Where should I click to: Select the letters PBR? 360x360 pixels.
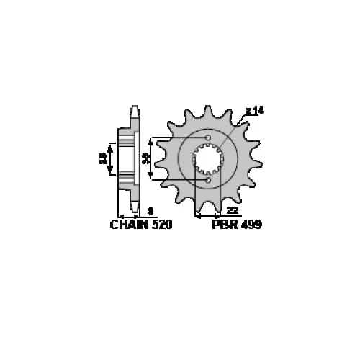(x=223, y=225)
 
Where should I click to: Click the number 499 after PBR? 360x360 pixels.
(x=251, y=225)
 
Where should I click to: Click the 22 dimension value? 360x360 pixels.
(x=232, y=210)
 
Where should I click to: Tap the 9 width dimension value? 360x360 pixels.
(x=148, y=210)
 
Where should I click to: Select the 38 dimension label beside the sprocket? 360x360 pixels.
(x=145, y=158)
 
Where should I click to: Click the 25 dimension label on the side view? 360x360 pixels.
(x=103, y=158)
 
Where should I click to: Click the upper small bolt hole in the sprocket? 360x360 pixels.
(x=208, y=138)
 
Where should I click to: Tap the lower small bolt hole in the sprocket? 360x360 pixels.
(x=208, y=181)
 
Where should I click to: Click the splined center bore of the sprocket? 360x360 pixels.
(x=209, y=159)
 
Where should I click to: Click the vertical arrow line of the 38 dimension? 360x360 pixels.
(x=152, y=159)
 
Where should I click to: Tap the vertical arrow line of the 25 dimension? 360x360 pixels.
(x=110, y=159)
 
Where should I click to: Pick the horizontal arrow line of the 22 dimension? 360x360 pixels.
(x=209, y=215)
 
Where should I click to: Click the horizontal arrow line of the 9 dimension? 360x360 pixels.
(x=130, y=215)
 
